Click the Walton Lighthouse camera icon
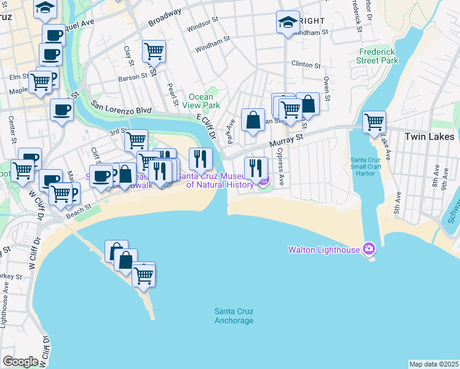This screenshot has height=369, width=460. click(368, 249)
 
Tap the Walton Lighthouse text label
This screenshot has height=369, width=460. click(325, 250)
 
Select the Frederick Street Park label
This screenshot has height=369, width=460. click(377, 56)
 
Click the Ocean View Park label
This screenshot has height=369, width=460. click(200, 101)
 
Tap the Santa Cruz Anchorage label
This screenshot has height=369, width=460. click(234, 316)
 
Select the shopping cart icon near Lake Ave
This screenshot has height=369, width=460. click(374, 122)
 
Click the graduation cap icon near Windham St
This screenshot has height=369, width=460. click(287, 23)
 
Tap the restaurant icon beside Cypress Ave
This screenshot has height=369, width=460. click(255, 167)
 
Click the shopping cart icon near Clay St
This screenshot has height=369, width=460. click(153, 51)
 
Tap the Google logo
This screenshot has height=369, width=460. click(20, 361)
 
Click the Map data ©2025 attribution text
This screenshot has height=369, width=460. click(434, 364)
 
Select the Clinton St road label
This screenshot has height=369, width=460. click(306, 65)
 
